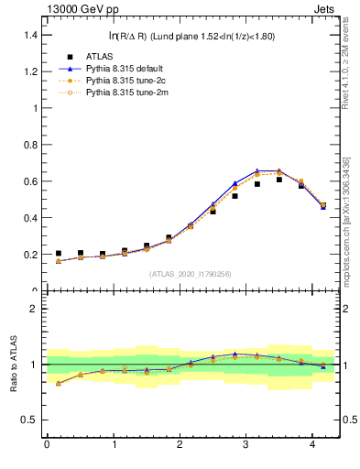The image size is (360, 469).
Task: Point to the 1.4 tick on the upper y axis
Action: (x=32, y=35)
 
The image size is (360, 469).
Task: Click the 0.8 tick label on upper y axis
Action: (x=32, y=145)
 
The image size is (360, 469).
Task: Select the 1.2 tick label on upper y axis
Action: (x=32, y=71)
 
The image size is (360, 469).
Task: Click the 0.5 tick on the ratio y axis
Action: (x=32, y=420)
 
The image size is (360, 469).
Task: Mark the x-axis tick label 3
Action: (x=245, y=446)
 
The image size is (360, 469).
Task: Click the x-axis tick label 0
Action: (x=46, y=446)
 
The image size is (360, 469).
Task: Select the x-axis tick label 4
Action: (x=312, y=446)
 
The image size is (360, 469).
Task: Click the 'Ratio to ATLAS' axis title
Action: (x=13, y=365)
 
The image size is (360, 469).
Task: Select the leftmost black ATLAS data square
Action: (x=59, y=254)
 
